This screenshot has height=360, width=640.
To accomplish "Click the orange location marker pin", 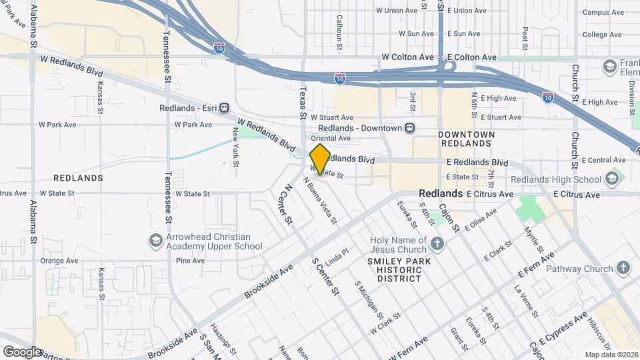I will [320, 159].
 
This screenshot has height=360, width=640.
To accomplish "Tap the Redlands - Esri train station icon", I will [225, 108].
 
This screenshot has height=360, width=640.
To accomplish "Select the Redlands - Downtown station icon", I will [410, 128].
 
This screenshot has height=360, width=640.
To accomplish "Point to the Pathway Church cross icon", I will [623, 269].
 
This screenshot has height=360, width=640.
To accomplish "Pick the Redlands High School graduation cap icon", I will [611, 179].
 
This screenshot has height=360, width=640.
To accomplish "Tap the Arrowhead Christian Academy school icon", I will [156, 241].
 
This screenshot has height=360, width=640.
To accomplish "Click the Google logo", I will [21, 351].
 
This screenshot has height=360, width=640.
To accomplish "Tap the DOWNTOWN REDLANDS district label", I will [467, 139].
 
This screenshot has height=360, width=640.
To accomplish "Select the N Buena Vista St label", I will [320, 200].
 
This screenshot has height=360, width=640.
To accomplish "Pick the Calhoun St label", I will [339, 33].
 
